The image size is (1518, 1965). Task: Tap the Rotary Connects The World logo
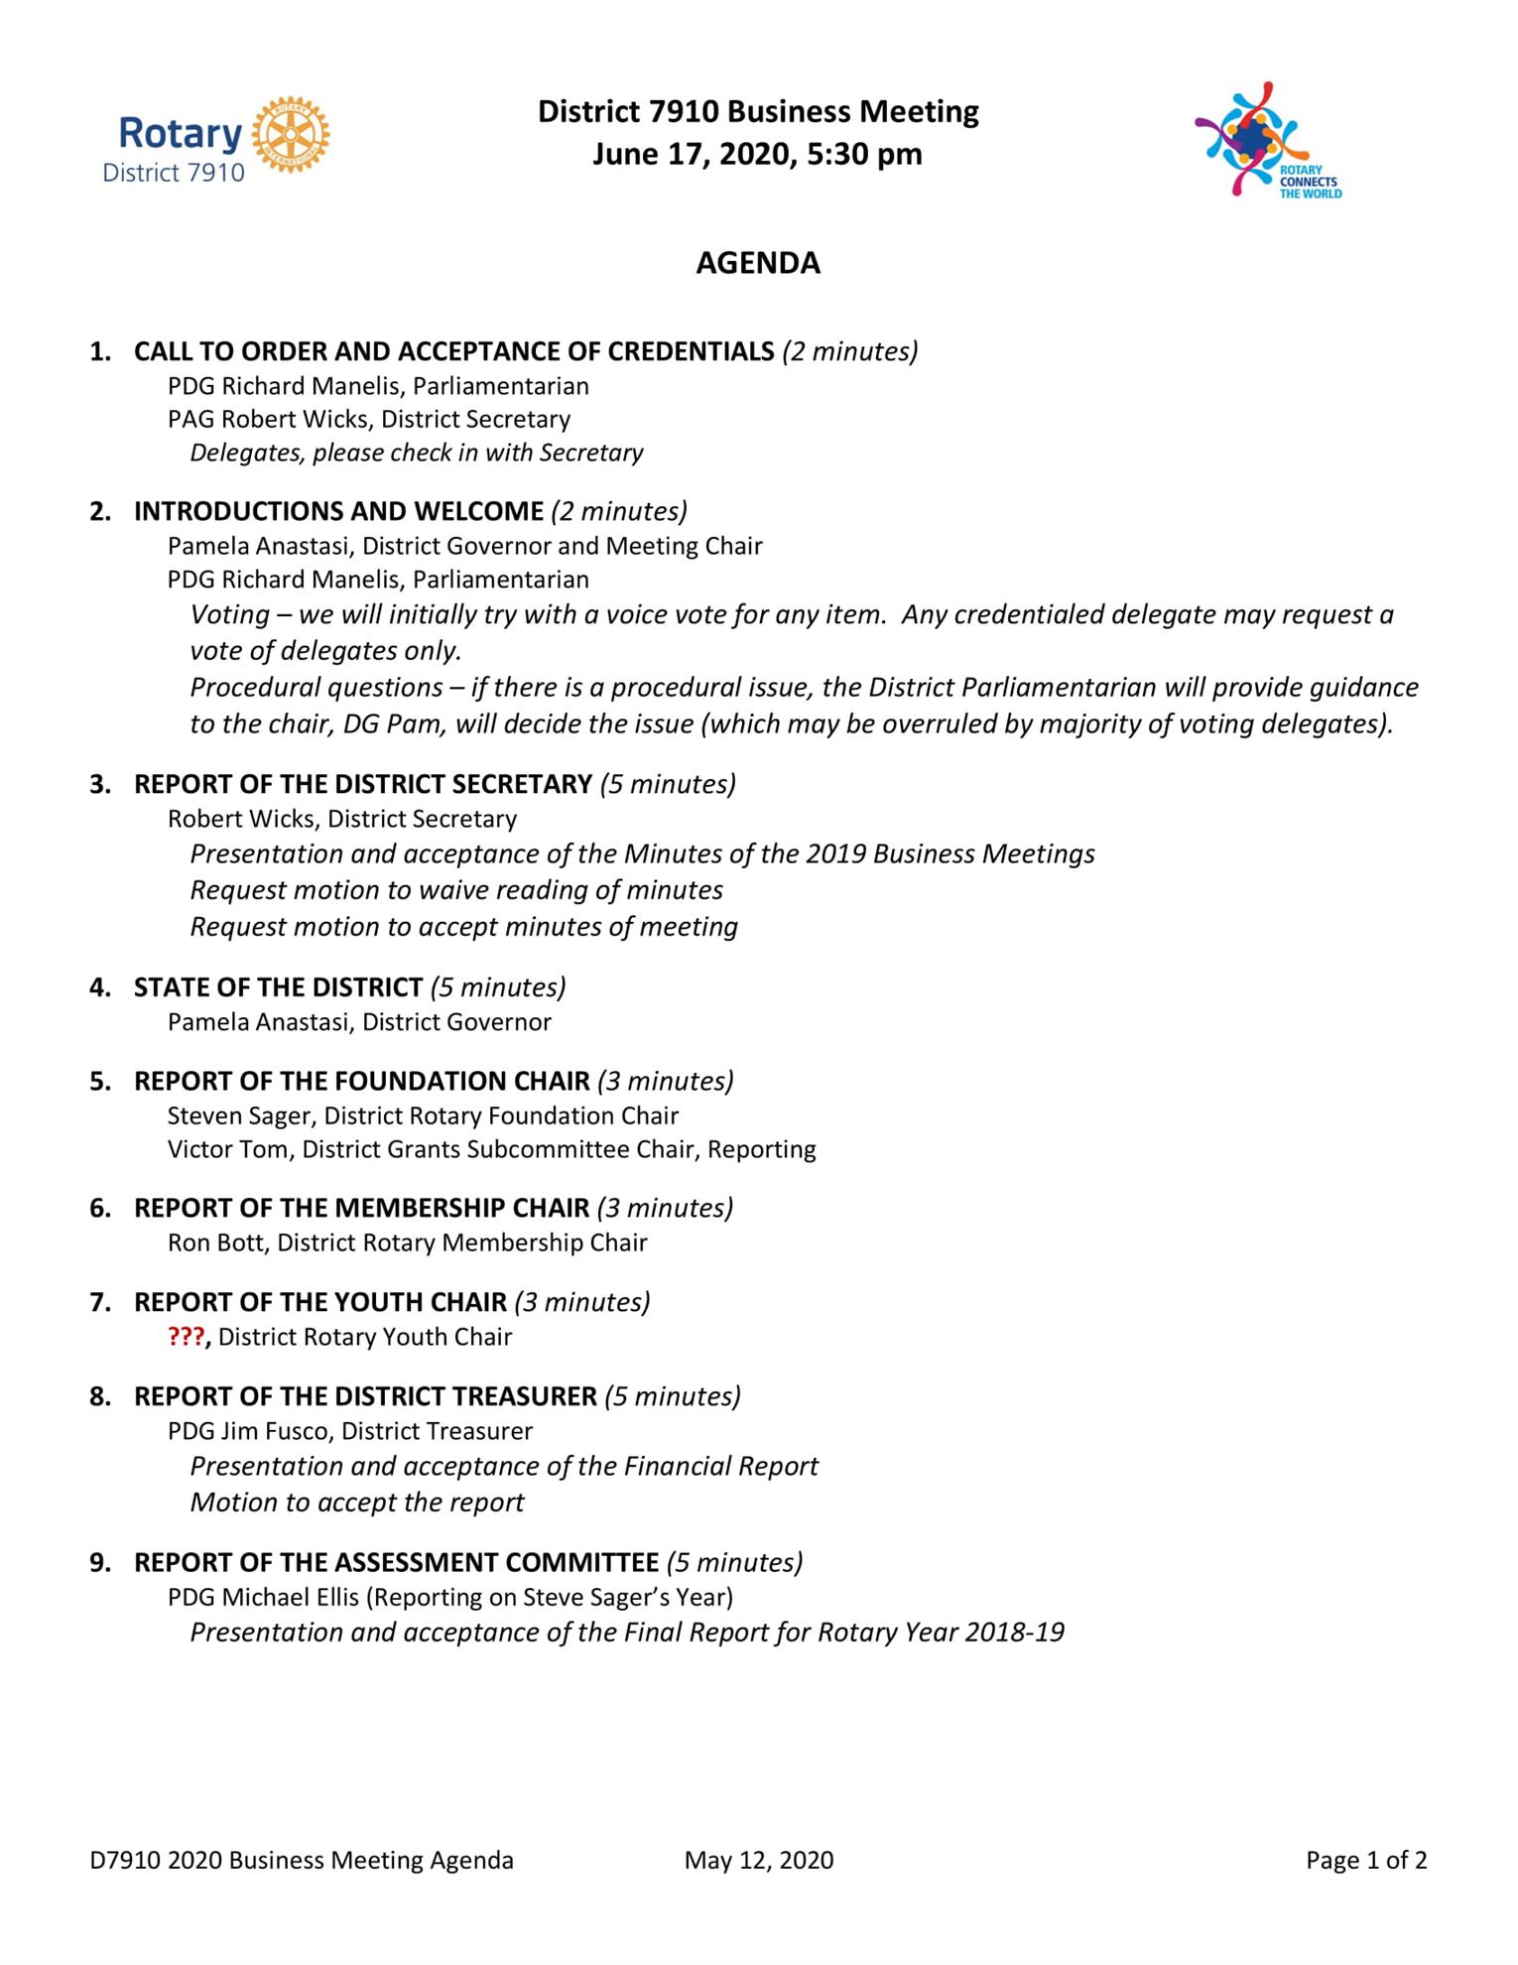[1266, 140]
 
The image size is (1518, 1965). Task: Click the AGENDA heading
[758, 263]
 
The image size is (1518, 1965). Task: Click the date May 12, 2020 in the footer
[758, 1860]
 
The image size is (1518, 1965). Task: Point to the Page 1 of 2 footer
[1366, 1860]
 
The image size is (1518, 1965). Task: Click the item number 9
[100, 1563]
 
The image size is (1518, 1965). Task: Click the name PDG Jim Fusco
[251, 1431]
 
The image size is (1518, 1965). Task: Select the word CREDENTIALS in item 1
[691, 351]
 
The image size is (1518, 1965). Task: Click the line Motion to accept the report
[357, 1503]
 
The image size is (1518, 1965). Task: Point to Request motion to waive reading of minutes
[456, 890]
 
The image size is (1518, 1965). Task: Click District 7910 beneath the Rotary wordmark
[174, 173]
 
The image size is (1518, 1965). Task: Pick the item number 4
[100, 987]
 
